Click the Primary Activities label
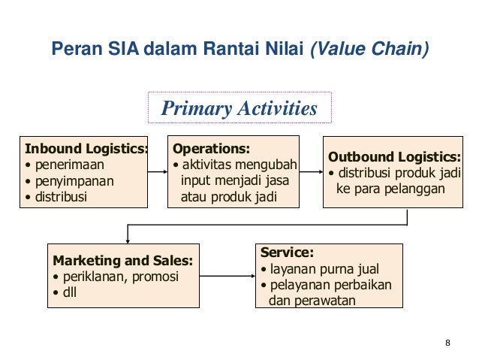pos(239,110)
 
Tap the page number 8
pos(447,344)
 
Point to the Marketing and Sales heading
pos(122,261)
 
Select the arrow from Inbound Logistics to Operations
pos(158,172)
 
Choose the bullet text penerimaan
pos(68,164)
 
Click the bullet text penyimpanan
pos(71,181)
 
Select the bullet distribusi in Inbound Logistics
pos(60,198)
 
